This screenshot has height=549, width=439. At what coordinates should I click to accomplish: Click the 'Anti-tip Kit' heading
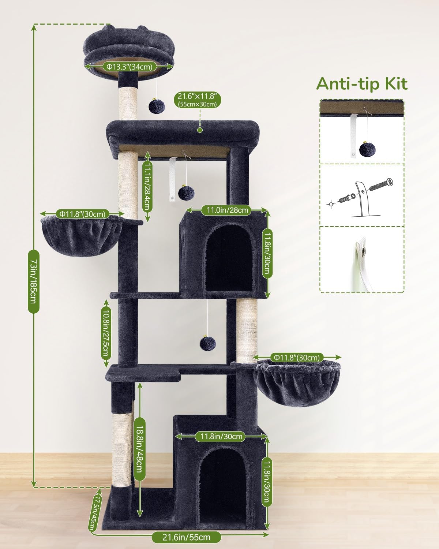(x=362, y=84)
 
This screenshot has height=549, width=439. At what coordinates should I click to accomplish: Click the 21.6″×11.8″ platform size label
(x=198, y=100)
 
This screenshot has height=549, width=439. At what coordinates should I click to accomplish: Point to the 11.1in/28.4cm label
(x=147, y=187)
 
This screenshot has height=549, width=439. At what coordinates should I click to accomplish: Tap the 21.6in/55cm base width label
(x=187, y=537)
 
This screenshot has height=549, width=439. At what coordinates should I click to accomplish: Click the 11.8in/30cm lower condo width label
(x=221, y=436)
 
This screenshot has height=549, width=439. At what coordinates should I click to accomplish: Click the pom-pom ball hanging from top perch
(x=157, y=106)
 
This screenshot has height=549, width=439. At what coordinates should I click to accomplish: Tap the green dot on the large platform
(x=200, y=130)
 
